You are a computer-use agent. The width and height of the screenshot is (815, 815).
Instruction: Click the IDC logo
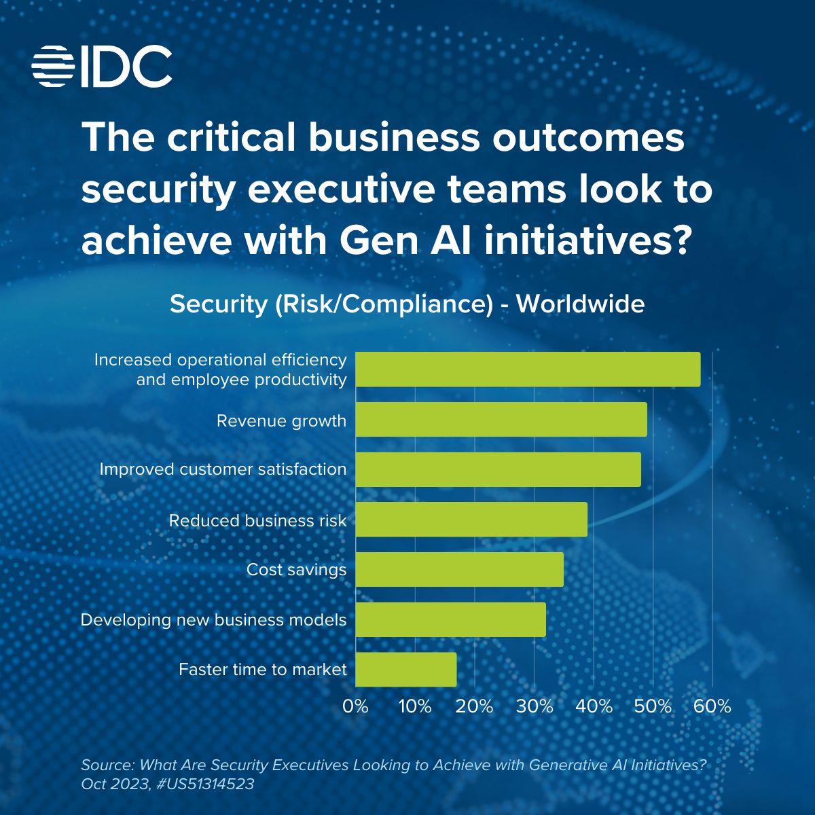102,66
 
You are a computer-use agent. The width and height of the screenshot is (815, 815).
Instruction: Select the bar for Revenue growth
501,419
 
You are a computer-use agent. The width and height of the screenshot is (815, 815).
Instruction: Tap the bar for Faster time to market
406,670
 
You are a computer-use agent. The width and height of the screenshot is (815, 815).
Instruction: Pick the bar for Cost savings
460,569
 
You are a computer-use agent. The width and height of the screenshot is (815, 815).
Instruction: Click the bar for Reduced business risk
471,520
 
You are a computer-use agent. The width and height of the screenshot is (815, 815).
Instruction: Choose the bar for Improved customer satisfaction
498,469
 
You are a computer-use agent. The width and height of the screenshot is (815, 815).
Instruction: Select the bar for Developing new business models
450,619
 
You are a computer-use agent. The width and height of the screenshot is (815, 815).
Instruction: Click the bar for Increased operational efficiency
528,369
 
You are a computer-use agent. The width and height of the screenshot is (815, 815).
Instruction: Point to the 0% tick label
355,706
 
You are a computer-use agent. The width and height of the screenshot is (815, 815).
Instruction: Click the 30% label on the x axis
535,706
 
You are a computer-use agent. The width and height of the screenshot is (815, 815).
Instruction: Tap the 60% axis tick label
712,706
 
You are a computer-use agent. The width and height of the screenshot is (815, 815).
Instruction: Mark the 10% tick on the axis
415,706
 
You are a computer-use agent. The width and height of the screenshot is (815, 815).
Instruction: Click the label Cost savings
296,569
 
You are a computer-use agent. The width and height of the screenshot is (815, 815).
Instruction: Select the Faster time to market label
262,670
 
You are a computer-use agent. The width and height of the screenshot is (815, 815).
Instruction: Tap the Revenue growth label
281,421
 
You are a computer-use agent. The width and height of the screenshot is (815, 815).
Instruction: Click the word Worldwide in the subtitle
580,304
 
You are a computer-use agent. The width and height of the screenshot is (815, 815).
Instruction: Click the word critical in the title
221,138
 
